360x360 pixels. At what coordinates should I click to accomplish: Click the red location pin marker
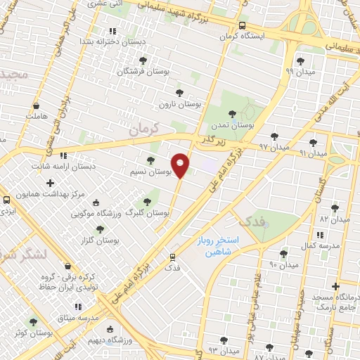pyautogui.click(x=181, y=165)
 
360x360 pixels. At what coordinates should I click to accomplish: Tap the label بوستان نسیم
pyautogui.click(x=152, y=172)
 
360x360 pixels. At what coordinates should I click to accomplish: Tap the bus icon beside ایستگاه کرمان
pyautogui.click(x=242, y=25)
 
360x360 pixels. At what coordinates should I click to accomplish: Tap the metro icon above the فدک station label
pyautogui.click(x=173, y=257)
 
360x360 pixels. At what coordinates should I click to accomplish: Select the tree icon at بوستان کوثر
pyautogui.click(x=33, y=322)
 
